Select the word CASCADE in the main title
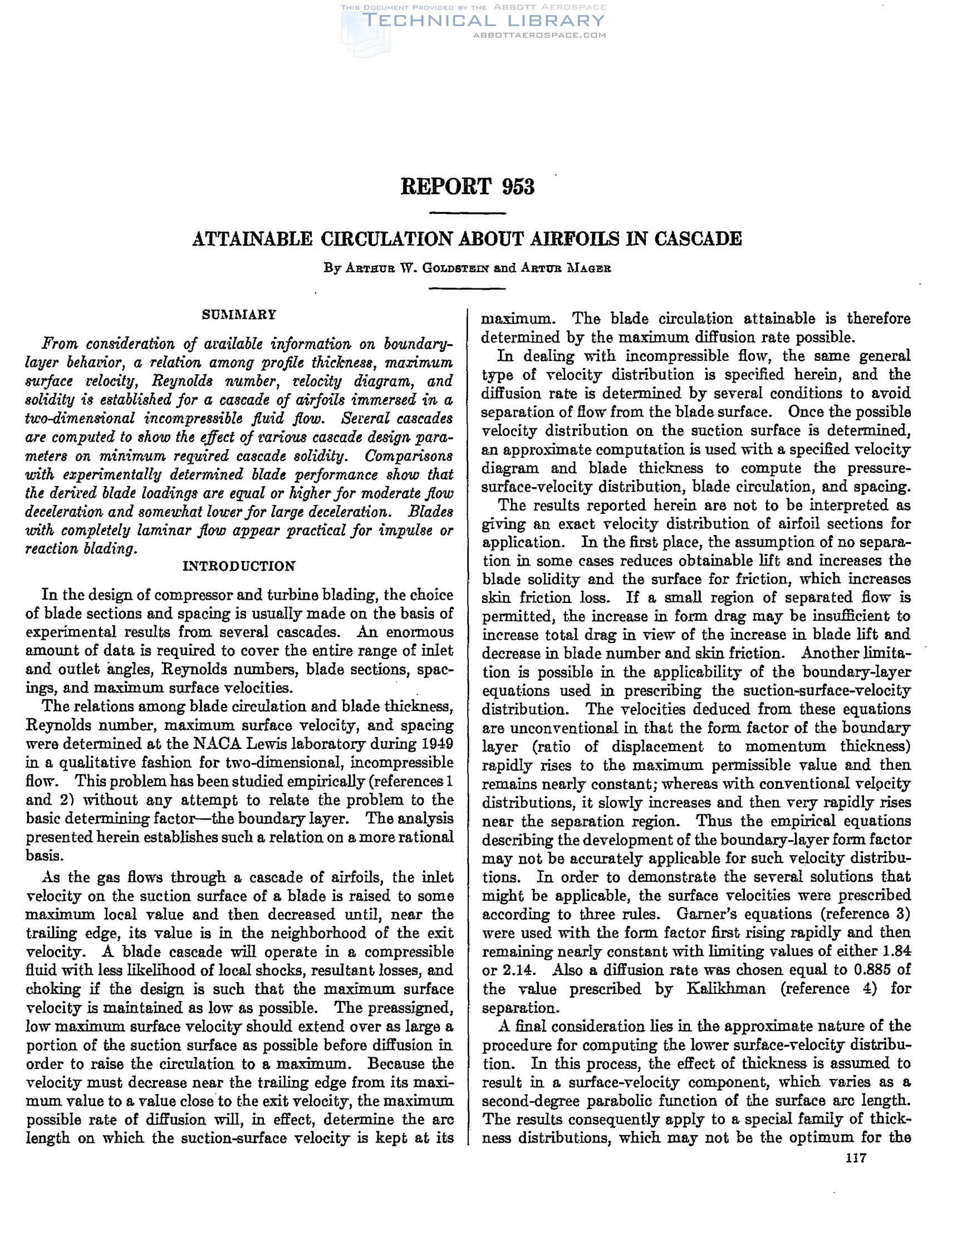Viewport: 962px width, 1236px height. coord(698,239)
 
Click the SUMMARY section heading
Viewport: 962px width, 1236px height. coord(239,315)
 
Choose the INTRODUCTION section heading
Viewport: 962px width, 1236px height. coord(239,566)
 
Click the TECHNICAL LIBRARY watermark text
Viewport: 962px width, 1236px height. coord(484,21)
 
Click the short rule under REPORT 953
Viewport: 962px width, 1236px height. coord(468,213)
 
